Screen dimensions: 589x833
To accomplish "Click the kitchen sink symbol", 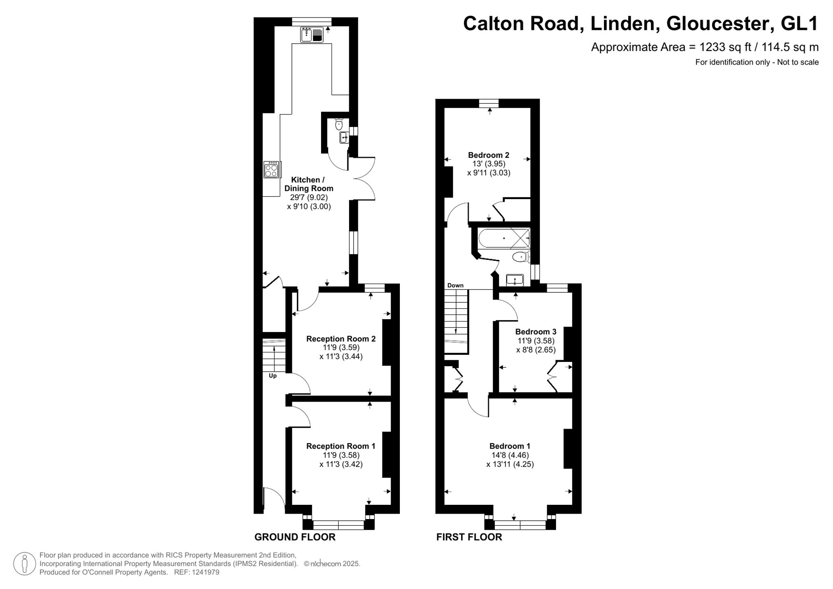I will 312,35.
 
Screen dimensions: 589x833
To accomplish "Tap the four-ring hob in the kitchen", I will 271,170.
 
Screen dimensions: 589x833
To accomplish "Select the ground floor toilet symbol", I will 339,124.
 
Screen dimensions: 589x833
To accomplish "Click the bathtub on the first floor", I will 503,238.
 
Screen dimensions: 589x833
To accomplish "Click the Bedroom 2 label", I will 489,155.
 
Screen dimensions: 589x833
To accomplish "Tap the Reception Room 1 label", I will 341,446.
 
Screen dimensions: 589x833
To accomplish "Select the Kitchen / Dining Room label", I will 308,184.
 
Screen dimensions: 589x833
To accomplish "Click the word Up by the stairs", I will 273,376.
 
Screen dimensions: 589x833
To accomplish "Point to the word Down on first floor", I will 455,285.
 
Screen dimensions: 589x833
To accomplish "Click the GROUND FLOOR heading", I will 295,537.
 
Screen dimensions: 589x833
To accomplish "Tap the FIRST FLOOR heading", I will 469,537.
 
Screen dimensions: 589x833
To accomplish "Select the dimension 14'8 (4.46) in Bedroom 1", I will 510,455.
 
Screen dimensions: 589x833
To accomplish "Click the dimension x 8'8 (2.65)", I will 536,350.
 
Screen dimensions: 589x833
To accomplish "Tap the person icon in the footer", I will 25,564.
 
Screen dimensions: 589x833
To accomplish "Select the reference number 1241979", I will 205,572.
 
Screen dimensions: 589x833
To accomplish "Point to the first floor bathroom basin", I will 515,280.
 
